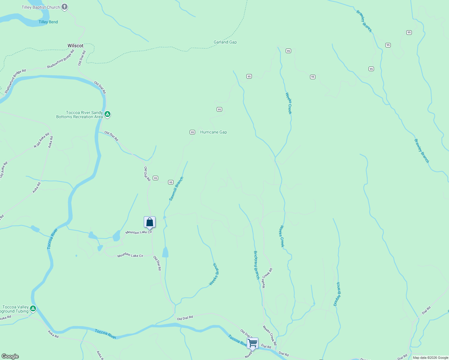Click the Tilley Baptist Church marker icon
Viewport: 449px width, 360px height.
pos(65,7)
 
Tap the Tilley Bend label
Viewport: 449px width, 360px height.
pos(48,22)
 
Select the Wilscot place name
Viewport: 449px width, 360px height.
pos(75,46)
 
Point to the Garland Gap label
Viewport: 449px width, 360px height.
pos(225,42)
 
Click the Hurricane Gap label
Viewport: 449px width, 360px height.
pos(213,132)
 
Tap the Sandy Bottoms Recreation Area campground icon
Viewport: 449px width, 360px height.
pos(107,114)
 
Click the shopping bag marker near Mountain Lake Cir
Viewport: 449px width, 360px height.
pos(149,222)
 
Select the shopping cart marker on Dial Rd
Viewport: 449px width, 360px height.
pos(252,343)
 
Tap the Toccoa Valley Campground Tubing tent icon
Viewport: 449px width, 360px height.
pos(33,308)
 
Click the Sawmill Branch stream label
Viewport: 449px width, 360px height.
pos(176,189)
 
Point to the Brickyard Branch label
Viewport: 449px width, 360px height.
pos(256,265)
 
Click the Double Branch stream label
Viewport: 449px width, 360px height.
pos(337,294)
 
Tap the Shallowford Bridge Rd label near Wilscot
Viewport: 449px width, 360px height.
pos(60,59)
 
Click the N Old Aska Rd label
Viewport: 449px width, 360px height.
pos(41,140)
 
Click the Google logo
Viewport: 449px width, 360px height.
pos(10,356)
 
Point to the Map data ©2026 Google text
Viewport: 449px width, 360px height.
pos(430,358)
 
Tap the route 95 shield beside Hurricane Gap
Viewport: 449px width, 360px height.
pos(192,132)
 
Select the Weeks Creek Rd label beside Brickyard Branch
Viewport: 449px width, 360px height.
pos(267,278)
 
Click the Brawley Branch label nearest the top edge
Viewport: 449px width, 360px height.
pos(364,21)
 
